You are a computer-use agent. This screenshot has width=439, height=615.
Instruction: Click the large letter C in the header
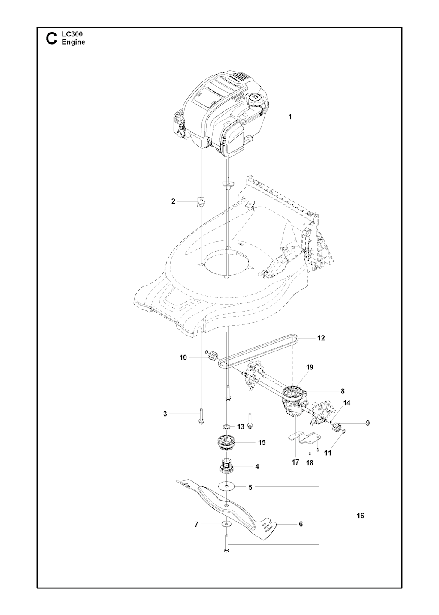(x=51, y=39)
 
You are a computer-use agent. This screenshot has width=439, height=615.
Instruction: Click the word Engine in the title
(x=74, y=42)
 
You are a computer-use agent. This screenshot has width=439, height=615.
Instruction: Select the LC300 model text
(x=72, y=34)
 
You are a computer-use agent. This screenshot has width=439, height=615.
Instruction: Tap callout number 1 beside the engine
(x=289, y=117)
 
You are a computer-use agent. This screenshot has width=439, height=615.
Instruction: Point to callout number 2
(x=173, y=201)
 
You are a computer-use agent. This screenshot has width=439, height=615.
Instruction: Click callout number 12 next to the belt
(x=321, y=338)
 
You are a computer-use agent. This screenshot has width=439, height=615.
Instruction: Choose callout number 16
(x=360, y=516)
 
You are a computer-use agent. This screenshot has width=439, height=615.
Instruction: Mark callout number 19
(x=310, y=367)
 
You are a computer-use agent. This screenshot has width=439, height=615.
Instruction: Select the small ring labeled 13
(x=226, y=434)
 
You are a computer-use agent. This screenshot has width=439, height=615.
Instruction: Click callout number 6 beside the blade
(x=301, y=525)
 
